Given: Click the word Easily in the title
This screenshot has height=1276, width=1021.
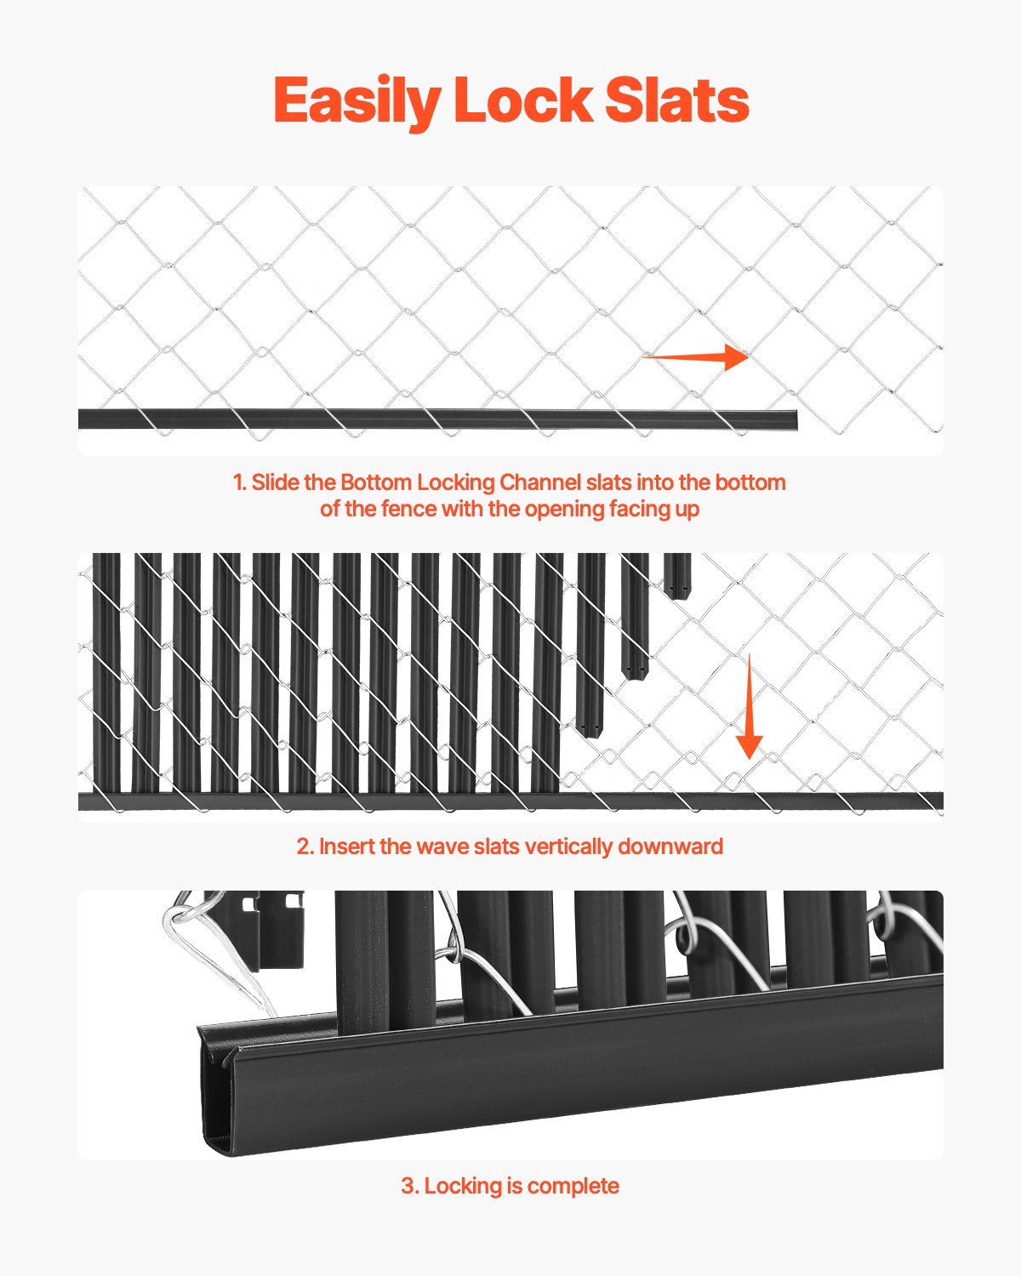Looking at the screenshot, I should point(356,101).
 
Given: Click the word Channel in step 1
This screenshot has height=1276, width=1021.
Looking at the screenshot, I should point(540,482).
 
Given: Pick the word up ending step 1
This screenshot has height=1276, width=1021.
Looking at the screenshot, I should point(687,510).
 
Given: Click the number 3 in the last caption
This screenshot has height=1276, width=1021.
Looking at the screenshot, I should point(408,1186).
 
